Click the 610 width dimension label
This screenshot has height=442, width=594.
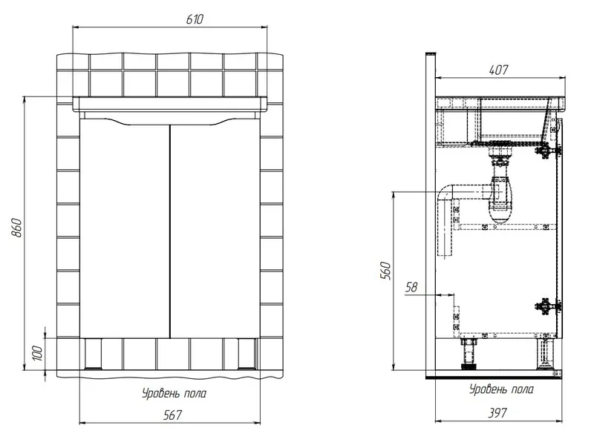195,19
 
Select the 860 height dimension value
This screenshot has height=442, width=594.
17,228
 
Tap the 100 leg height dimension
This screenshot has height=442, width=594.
37,353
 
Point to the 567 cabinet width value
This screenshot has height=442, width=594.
172,415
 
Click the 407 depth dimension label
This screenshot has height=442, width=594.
498,70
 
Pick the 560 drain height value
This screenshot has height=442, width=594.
385,270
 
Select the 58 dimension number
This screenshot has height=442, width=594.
411,287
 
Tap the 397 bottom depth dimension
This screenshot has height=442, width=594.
497,413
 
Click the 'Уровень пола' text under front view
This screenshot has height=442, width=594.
174,394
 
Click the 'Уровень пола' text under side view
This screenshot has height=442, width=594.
502,389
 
